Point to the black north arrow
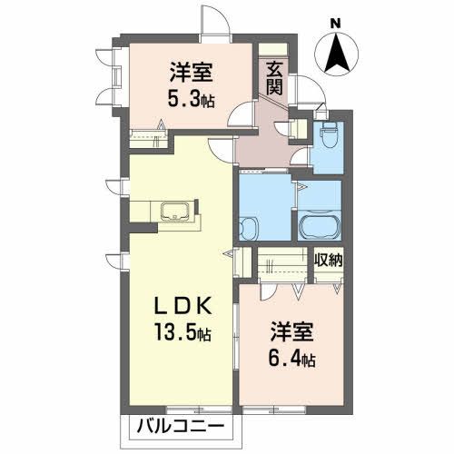click(x=337, y=52)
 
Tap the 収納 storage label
click(x=328, y=261)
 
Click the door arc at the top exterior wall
click(x=212, y=20)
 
